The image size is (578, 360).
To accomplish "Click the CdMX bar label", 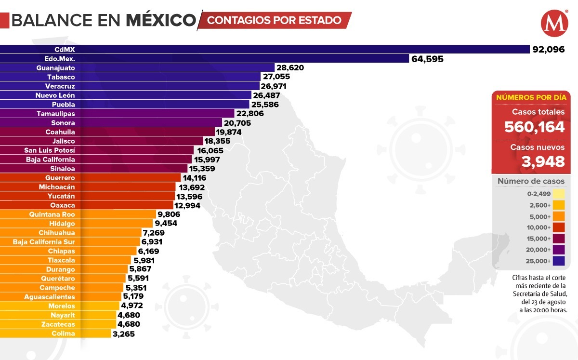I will point(65,49).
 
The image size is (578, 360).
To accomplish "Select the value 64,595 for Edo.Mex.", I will point(427,59).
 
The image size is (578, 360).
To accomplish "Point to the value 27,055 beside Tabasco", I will point(276,77).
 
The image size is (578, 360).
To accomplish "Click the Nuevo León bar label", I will point(55,95).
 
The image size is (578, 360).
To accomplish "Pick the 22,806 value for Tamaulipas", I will point(250,114).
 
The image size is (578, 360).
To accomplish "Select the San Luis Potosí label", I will point(50,150).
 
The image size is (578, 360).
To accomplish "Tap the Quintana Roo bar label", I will point(52,214).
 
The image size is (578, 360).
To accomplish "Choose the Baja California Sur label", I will point(44,242).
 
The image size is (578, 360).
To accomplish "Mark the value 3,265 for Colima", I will point(124,333).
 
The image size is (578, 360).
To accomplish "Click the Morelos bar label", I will point(62,306).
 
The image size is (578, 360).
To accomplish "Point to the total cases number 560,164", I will point(534,127).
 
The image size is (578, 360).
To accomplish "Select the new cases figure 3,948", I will point(543,161).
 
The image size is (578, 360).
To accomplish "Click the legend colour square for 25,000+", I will point(559,261).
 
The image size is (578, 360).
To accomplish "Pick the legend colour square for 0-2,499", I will point(559,194).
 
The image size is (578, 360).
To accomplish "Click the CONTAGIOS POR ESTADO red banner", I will point(275,21).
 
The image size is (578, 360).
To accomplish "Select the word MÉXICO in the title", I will point(161,20).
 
